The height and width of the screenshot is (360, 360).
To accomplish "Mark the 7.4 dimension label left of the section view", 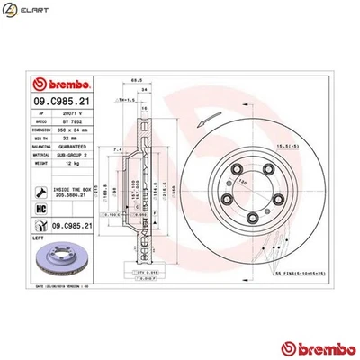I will pyautogui.click(x=118, y=162).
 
